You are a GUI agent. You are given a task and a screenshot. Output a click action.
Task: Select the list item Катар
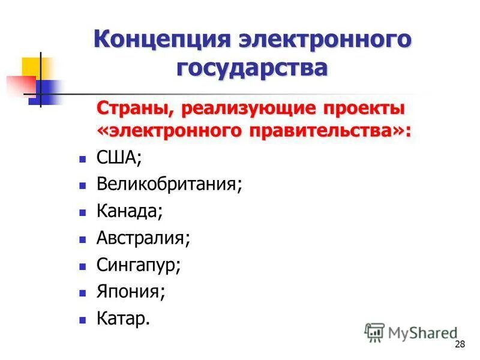tap(123, 318)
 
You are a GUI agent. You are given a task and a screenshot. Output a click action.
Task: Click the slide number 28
tap(460, 344)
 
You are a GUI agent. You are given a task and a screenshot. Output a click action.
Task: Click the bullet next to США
tap(83, 160)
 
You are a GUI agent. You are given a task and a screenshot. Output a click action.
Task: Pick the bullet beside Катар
tap(83, 320)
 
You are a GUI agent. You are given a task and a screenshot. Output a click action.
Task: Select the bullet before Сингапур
tap(83, 266)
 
